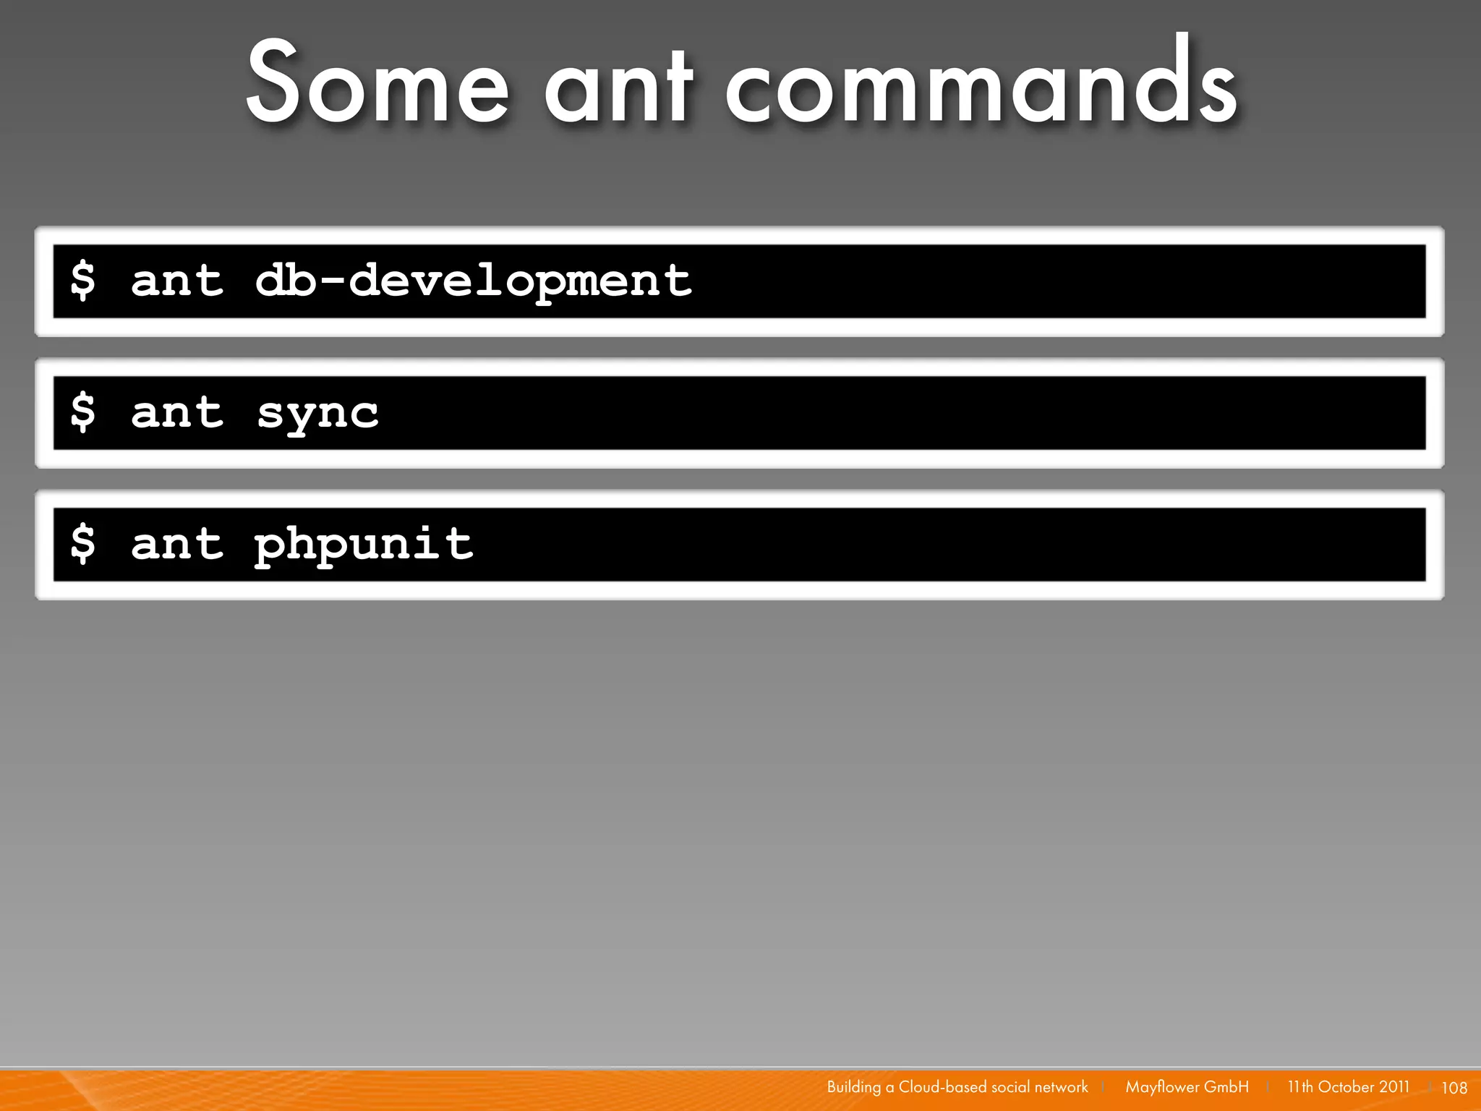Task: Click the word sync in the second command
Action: tap(317, 413)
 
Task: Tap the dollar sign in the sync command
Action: tap(82, 413)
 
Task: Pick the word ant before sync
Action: tap(177, 413)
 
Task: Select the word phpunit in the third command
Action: tap(364, 545)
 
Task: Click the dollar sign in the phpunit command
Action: tap(82, 545)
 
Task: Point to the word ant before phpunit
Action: tap(177, 545)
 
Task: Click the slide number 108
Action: tap(1454, 1088)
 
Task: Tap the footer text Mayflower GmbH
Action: tap(1187, 1087)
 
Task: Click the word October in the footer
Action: tap(1346, 1087)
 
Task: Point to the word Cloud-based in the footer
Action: tap(942, 1087)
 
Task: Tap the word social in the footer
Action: tap(1010, 1087)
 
